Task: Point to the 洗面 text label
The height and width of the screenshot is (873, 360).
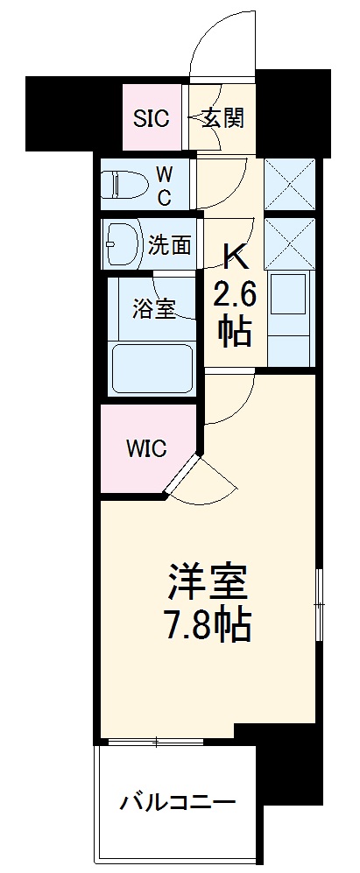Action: tap(169, 246)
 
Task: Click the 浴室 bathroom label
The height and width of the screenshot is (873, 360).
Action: tap(154, 309)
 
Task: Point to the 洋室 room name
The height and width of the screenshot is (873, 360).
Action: tap(209, 581)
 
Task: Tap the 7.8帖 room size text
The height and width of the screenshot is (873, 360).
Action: tap(209, 625)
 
